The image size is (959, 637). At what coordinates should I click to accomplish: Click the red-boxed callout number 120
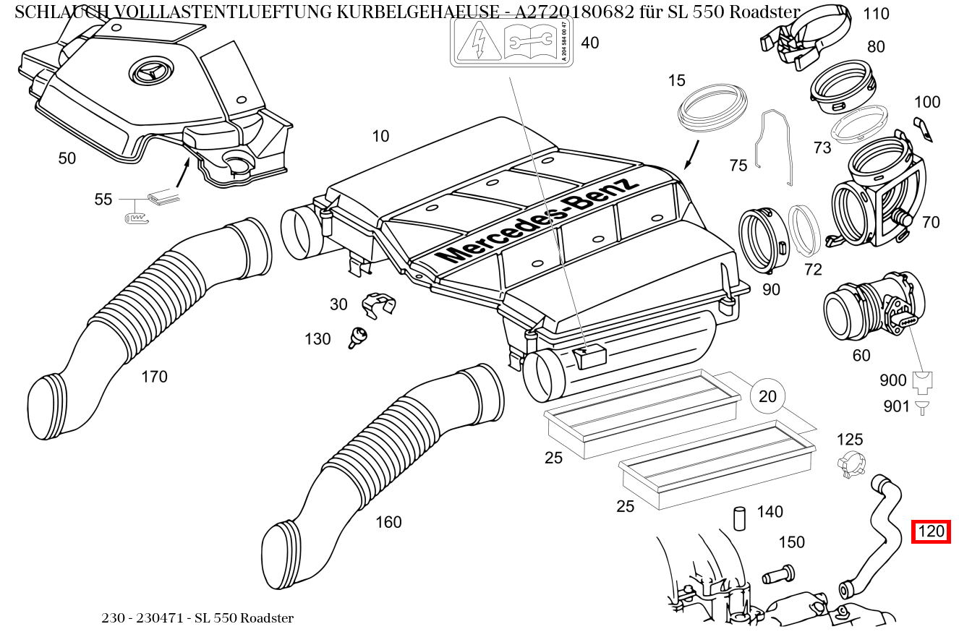[930, 531]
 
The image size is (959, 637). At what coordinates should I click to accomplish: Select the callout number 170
[154, 377]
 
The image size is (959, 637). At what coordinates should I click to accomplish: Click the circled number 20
[767, 396]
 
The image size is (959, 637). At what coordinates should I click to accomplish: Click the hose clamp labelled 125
[851, 464]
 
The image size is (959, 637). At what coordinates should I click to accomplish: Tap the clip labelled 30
[378, 304]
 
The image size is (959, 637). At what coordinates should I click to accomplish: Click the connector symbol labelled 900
[922, 381]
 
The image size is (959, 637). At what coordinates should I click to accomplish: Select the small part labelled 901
[921, 407]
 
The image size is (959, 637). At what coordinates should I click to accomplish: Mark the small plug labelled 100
[924, 128]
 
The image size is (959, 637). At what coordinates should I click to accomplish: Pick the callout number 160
[388, 522]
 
